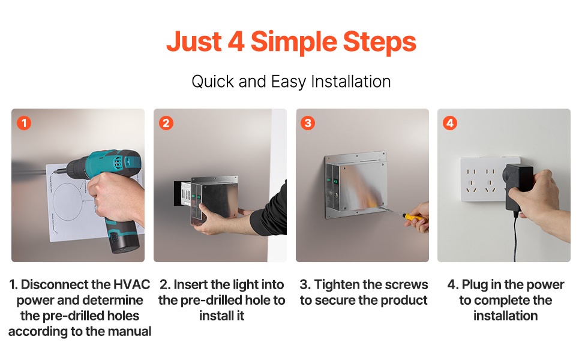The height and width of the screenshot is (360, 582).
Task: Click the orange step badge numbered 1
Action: (24, 123)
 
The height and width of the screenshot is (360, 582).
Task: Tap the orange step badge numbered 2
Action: (166, 123)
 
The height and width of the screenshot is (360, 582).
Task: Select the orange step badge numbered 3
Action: (308, 123)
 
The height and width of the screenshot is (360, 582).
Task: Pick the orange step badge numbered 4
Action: (450, 123)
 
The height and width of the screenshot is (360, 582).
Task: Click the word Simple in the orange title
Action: (293, 43)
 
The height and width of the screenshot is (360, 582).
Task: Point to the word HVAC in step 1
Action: (131, 284)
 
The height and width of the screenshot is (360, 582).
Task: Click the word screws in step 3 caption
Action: (405, 284)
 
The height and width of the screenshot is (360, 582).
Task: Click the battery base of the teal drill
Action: (122, 241)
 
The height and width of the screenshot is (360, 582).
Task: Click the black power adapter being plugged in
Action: (519, 187)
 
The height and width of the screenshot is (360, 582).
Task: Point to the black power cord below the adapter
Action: (515, 237)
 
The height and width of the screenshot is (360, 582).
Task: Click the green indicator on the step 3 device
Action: (335, 181)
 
